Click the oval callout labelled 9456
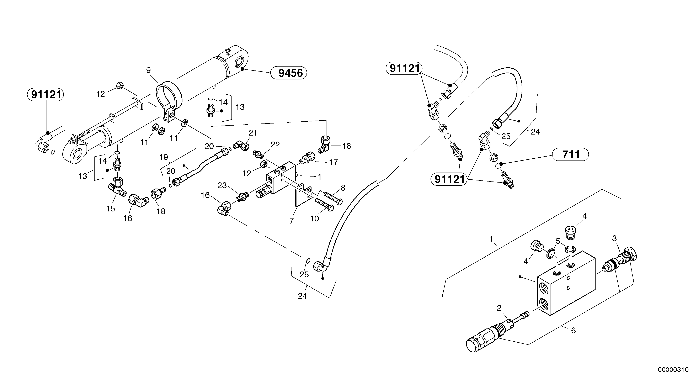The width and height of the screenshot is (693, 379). coord(289,73)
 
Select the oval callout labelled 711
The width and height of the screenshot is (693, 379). coord(570,154)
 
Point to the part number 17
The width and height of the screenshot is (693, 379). coord(333,163)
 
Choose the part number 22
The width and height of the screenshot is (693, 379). coord(275,145)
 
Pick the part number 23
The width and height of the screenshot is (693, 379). coord(222,185)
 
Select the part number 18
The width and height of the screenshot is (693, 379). coord(161,211)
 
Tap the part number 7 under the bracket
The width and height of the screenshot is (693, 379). coord(292,221)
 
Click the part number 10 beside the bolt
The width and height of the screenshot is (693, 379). coord(314,219)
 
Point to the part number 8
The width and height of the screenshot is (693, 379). coord(343,188)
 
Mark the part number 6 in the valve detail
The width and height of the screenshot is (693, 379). coord(573,330)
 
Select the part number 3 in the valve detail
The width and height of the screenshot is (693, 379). coord(614,238)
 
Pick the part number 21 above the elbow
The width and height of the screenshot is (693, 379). coord(253,133)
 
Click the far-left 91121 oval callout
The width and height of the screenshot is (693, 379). coord(46,95)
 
